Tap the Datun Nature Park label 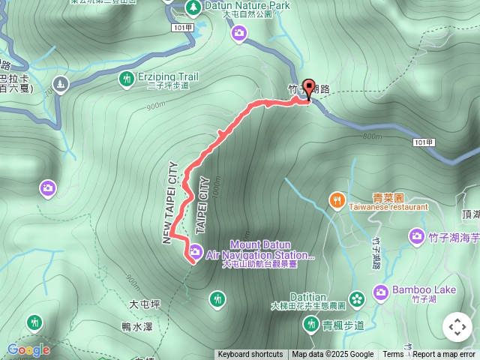(x=238, y=5)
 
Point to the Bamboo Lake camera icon (x=380, y=291)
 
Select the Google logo (x=28, y=349)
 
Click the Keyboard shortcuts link (x=250, y=355)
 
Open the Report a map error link (x=444, y=355)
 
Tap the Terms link (x=393, y=355)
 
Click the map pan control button (x=457, y=328)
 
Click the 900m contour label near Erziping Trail (x=156, y=106)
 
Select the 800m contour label (x=372, y=136)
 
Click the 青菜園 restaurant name (x=388, y=198)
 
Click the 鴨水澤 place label (x=136, y=327)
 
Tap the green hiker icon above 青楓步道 (x=310, y=324)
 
